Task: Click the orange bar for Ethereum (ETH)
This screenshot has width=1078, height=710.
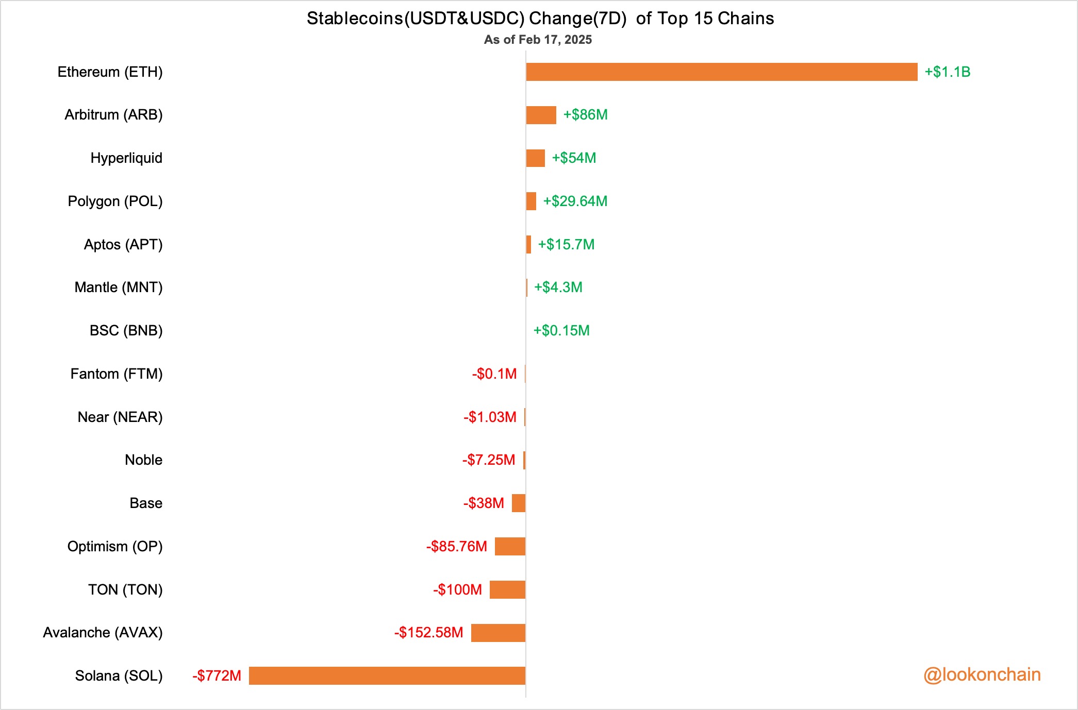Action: coord(721,72)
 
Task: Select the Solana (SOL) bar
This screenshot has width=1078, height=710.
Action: coord(387,675)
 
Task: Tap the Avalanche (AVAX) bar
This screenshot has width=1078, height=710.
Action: coord(498,633)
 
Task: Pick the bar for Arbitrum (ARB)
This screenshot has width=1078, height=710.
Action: coord(541,115)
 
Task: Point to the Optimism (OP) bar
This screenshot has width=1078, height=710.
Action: coord(510,546)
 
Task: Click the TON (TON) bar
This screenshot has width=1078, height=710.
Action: coord(507,589)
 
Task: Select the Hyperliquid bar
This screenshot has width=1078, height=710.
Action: coord(535,158)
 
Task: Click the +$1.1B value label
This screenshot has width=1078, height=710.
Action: coord(947,72)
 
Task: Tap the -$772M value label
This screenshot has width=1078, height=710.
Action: coord(217,675)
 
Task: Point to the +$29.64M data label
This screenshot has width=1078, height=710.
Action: coord(575,201)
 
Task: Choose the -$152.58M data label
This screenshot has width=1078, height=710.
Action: coord(428,633)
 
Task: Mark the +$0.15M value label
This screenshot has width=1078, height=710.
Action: coord(561,331)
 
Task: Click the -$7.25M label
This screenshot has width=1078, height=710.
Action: coord(488,460)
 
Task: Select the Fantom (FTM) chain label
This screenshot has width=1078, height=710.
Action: coord(117,374)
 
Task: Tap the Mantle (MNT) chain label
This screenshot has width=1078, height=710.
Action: coord(119,288)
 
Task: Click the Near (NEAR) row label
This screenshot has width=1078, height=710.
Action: coord(120,417)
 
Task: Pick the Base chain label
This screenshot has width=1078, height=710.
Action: coord(146,503)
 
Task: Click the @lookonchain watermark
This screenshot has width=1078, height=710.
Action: coord(982,675)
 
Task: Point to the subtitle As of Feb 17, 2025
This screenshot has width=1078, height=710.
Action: coord(538,40)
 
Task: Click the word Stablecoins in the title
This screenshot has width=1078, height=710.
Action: coord(355,19)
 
